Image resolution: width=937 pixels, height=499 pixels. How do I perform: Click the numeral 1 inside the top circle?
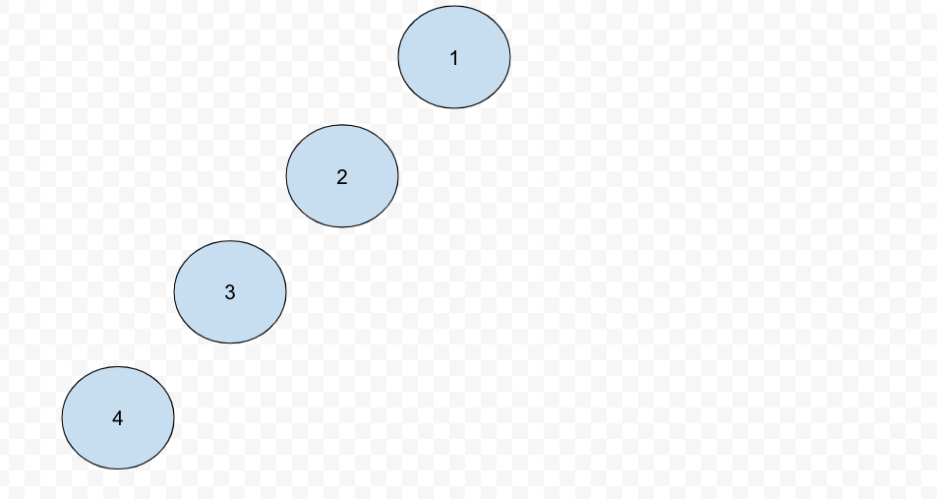pyautogui.click(x=454, y=58)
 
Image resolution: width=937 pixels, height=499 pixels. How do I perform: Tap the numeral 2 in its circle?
pyautogui.click(x=342, y=177)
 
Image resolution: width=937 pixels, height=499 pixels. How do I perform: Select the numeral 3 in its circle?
pyautogui.click(x=230, y=292)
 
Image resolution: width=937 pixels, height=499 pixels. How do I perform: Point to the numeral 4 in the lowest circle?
pyautogui.click(x=118, y=418)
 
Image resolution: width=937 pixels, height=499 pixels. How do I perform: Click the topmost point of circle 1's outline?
pyautogui.click(x=454, y=7)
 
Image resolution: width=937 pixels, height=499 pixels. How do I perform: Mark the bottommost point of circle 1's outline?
pyautogui.click(x=454, y=108)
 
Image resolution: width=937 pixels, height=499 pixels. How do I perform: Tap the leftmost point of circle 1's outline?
pyautogui.click(x=398, y=57)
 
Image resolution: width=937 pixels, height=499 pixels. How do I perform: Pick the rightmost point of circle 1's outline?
pyautogui.click(x=510, y=57)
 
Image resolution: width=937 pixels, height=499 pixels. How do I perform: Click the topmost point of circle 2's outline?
pyautogui.click(x=342, y=125)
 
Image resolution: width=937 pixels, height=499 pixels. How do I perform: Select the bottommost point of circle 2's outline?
pyautogui.click(x=342, y=227)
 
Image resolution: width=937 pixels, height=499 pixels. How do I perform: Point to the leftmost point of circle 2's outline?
pyautogui.click(x=286, y=176)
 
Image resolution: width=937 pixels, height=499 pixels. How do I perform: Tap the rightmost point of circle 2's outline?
pyautogui.click(x=398, y=176)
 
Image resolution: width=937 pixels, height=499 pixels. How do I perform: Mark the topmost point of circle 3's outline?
pyautogui.click(x=230, y=241)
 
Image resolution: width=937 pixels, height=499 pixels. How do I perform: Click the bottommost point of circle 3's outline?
pyautogui.click(x=230, y=343)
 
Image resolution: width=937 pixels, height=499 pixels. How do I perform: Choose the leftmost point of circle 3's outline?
pyautogui.click(x=174, y=292)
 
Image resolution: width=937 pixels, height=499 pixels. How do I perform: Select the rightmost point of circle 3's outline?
pyautogui.click(x=286, y=292)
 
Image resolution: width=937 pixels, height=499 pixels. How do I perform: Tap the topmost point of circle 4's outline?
pyautogui.click(x=118, y=367)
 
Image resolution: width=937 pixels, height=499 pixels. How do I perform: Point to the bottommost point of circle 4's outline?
pyautogui.click(x=118, y=469)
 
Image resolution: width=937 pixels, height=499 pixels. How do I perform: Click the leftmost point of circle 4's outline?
pyautogui.click(x=62, y=418)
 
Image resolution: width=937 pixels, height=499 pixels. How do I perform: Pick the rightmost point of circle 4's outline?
pyautogui.click(x=174, y=418)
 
